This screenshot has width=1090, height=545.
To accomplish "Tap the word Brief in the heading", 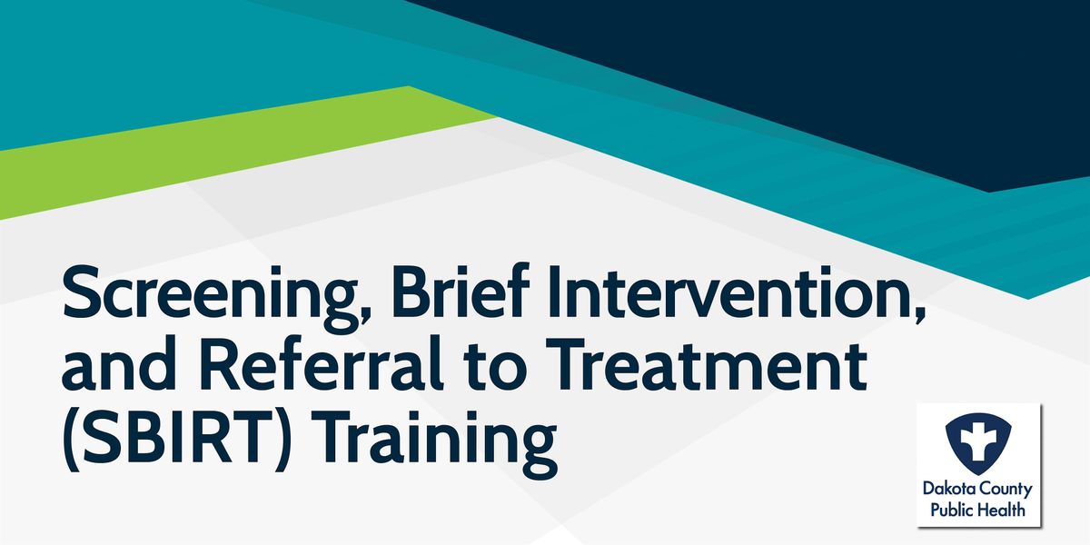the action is pyautogui.click(x=461, y=291).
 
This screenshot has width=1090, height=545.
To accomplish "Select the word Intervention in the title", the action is pyautogui.click(x=735, y=292).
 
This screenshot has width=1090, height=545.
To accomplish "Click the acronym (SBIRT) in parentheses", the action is pyautogui.click(x=177, y=438).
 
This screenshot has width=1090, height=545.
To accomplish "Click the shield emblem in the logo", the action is pyautogui.click(x=978, y=444).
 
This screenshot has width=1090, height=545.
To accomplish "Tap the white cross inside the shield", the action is pyautogui.click(x=978, y=441).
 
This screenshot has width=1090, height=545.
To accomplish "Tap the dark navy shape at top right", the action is pyautogui.click(x=803, y=73).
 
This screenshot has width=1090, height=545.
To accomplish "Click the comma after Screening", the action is pyautogui.click(x=363, y=316).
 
